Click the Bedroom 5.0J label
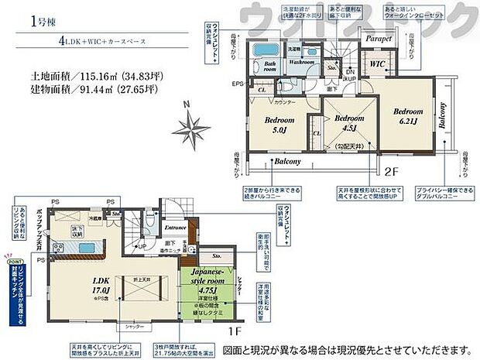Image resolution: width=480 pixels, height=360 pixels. click(x=279, y=125)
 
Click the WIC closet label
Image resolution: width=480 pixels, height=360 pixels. click(x=378, y=63)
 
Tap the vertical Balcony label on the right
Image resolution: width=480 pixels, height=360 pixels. click(x=442, y=116)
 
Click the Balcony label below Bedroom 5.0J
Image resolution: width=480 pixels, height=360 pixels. click(x=289, y=163)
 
